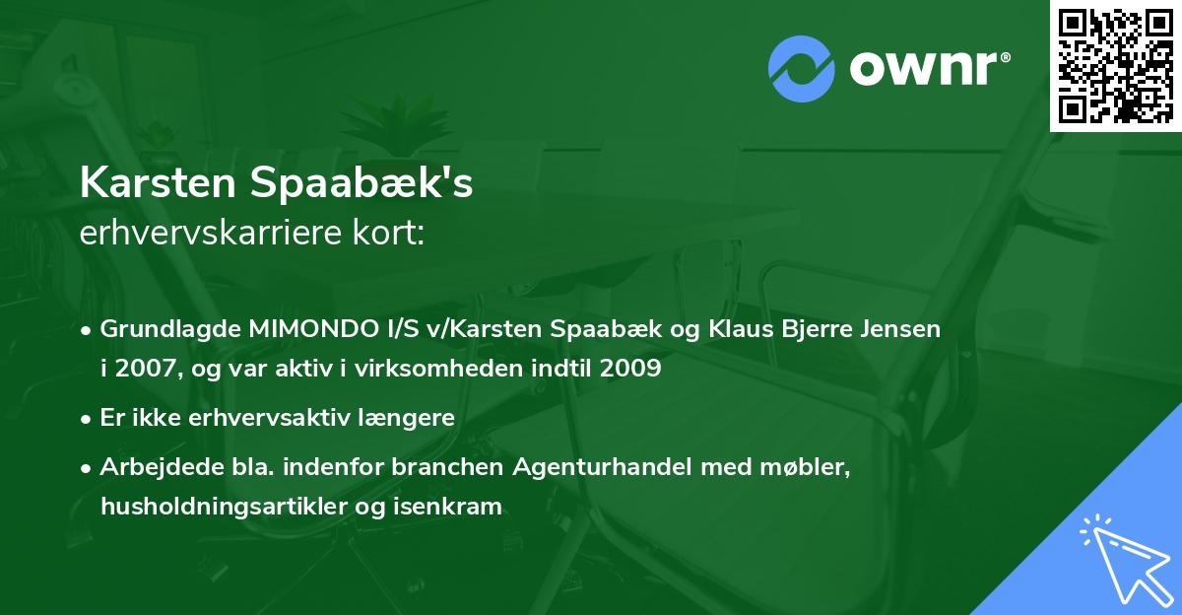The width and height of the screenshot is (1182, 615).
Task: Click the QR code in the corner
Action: pyautogui.click(x=1116, y=65)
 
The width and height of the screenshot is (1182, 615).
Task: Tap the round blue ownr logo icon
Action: pyautogui.click(x=802, y=68)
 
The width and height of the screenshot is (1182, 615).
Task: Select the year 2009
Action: pyautogui.click(x=628, y=369)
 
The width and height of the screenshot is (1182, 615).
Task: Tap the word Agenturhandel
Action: pyautogui.click(x=604, y=467)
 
